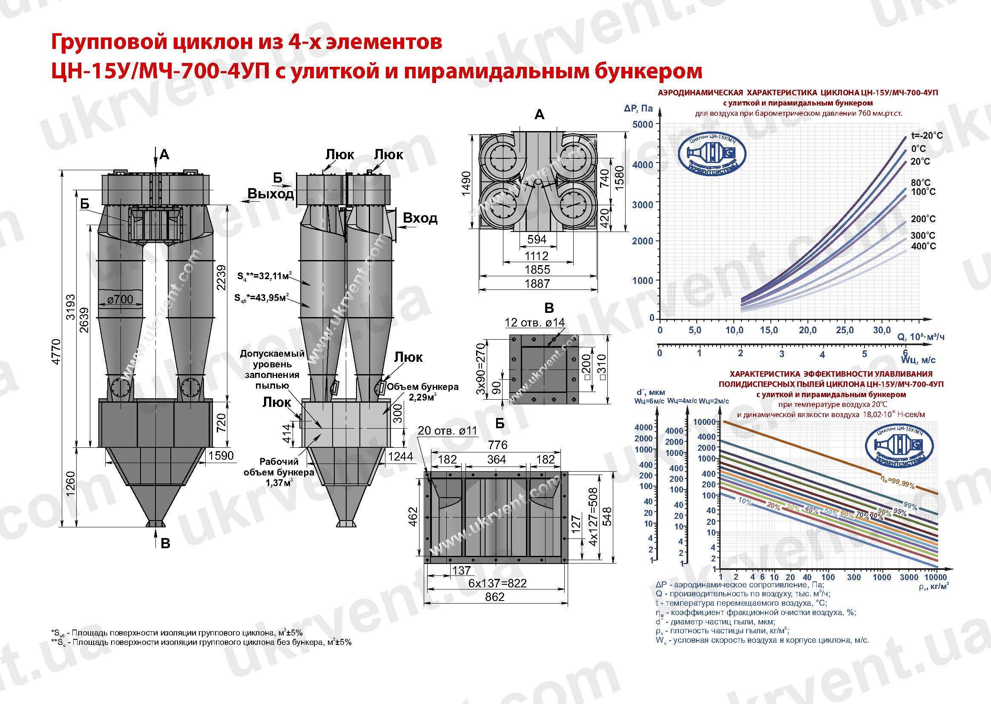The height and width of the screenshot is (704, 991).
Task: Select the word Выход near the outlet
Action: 270,194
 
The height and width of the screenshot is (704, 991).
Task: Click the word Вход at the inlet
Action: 420,217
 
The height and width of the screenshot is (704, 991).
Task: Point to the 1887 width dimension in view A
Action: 537,283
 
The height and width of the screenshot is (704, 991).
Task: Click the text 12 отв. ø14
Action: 534,322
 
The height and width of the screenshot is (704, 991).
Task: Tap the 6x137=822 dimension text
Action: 497,583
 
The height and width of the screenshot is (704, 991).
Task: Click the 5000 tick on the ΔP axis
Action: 642,124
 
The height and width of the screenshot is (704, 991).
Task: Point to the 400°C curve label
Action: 923,246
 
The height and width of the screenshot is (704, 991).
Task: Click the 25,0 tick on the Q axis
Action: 845,330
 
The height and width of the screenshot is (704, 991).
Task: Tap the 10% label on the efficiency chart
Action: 745,501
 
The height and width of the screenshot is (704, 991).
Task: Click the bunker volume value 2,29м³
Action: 419,397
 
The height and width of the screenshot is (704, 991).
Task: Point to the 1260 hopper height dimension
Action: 70,484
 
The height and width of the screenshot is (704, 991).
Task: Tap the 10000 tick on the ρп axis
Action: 936,578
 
